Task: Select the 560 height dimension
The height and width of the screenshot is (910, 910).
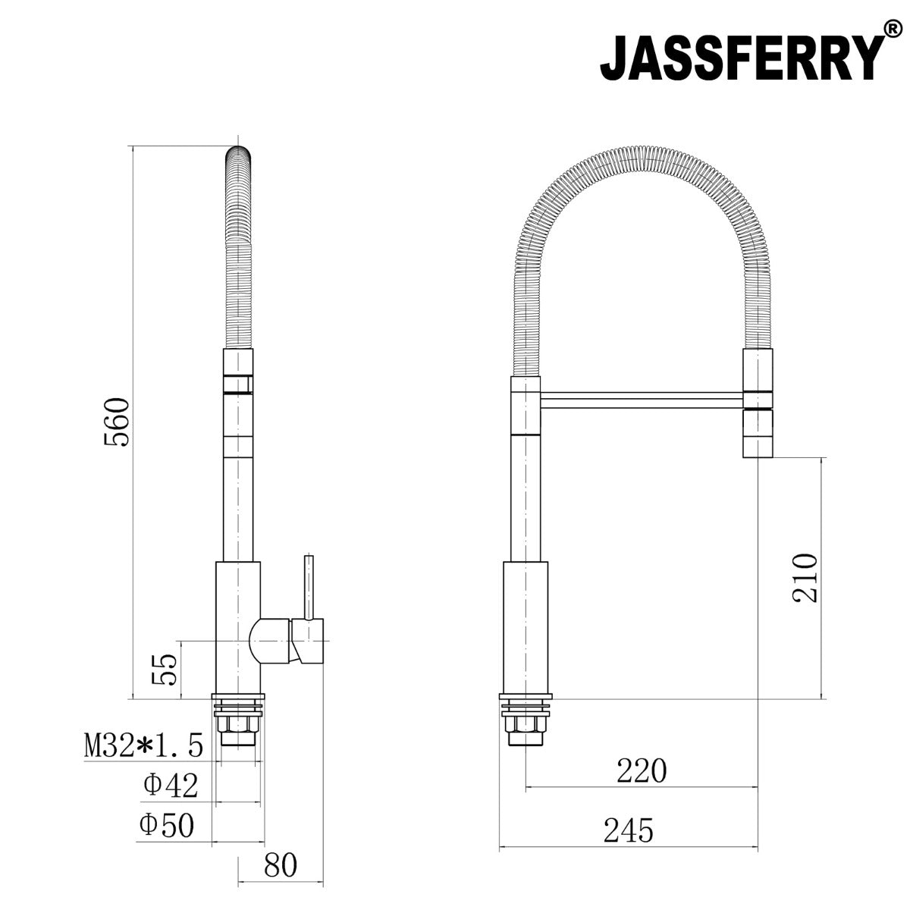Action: click(x=118, y=422)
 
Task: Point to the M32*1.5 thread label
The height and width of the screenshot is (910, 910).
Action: click(x=143, y=746)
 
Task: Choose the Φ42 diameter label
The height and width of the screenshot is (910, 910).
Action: click(x=171, y=786)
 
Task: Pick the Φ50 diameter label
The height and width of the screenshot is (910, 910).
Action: click(x=167, y=825)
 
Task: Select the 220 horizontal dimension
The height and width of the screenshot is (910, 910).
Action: click(x=642, y=770)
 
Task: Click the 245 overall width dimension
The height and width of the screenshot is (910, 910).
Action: click(x=628, y=831)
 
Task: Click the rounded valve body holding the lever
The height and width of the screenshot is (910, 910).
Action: click(x=271, y=641)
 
